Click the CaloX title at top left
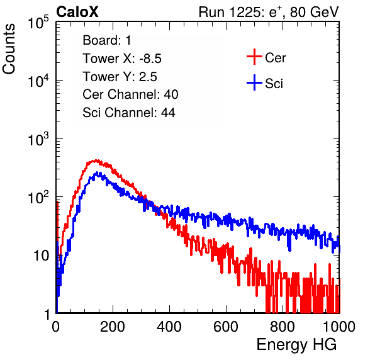(x=77, y=12)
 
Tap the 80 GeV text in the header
(x=314, y=12)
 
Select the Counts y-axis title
(x=9, y=48)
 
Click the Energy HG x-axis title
(x=296, y=344)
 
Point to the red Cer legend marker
(x=254, y=57)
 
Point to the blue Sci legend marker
(x=254, y=82)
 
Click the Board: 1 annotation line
(x=107, y=40)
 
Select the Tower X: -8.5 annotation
(x=122, y=59)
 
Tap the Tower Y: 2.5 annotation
(x=120, y=77)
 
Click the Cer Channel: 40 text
(x=130, y=94)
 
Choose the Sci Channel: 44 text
(x=129, y=113)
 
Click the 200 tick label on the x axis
(x=113, y=327)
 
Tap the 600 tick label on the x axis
(x=226, y=327)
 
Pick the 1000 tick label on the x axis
(x=339, y=327)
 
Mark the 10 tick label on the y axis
(x=42, y=256)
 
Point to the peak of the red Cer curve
(x=96, y=160)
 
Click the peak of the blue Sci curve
(x=98, y=172)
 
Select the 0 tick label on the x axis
(x=55, y=327)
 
